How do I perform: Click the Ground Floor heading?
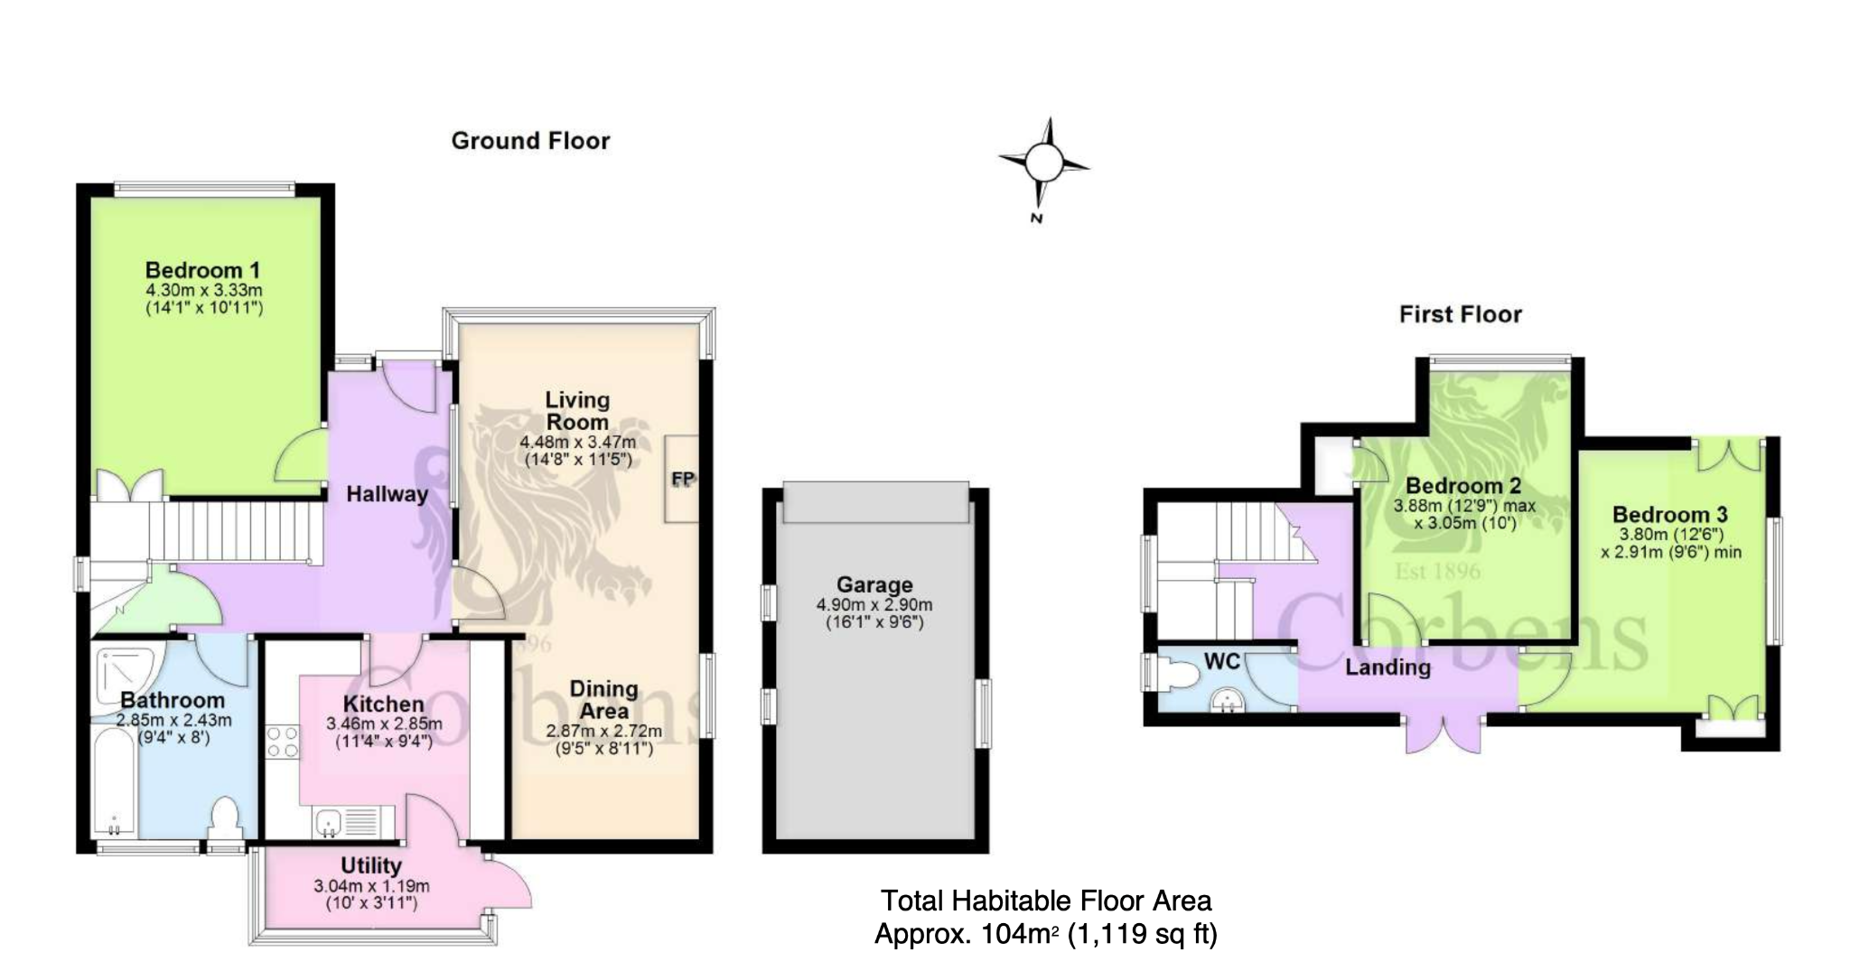pos(530,141)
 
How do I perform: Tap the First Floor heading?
pos(1461,314)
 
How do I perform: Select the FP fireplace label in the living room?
pos(683,479)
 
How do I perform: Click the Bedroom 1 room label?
pos(203,270)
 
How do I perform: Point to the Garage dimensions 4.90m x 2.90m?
pos(874,605)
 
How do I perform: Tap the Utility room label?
pos(371,865)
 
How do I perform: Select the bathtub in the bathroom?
pos(115,783)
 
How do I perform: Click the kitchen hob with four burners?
pos(282,742)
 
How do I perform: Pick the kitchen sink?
pos(331,822)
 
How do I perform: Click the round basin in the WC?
pos(1226,700)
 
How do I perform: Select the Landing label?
pos(1387,668)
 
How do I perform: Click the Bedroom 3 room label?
pos(1670,515)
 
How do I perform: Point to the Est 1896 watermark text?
pos(1438,571)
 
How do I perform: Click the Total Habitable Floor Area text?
pos(1046,901)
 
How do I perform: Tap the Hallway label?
pos(387,494)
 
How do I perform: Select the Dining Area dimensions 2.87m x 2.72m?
pos(603,731)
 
